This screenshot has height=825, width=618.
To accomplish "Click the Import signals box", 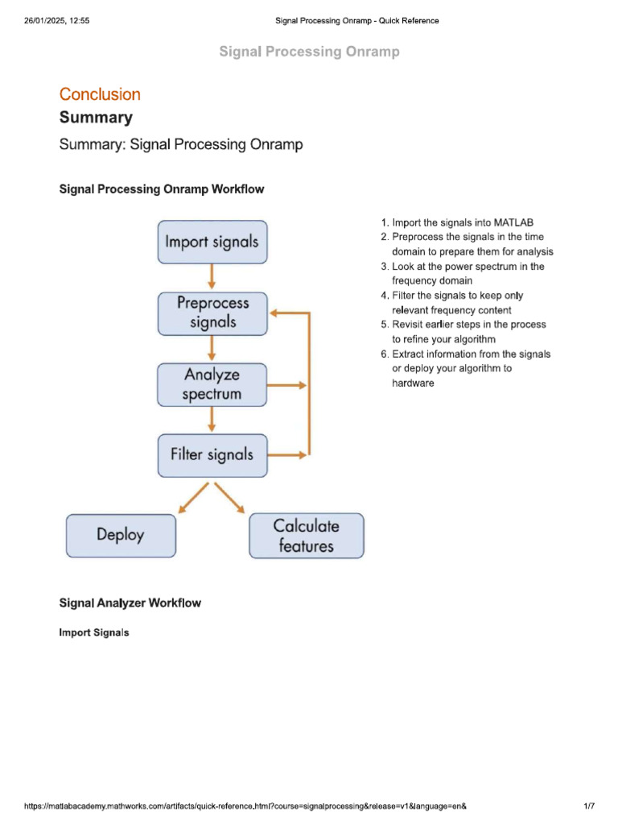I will click(x=212, y=241).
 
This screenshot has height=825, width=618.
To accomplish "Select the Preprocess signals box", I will click(x=212, y=313).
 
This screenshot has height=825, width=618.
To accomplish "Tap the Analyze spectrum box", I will click(x=212, y=384).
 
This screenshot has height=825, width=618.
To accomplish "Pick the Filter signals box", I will click(x=212, y=454).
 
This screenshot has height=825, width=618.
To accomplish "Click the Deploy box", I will click(x=121, y=535).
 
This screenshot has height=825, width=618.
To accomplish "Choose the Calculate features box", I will click(x=307, y=536).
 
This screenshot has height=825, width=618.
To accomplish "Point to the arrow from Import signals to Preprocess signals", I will click(x=212, y=277).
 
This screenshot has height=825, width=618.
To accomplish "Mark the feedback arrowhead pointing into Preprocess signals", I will click(x=277, y=313).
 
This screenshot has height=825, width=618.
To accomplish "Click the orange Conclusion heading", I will click(x=100, y=94).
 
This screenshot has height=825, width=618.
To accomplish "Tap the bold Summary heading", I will click(x=96, y=118).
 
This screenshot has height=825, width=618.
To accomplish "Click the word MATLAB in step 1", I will click(x=513, y=222).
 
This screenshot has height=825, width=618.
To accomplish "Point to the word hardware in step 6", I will click(x=413, y=383).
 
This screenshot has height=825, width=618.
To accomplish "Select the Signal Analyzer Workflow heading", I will click(x=130, y=603).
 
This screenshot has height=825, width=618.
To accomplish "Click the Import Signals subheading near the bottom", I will click(x=94, y=632).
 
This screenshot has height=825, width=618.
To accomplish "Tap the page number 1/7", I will click(x=589, y=806).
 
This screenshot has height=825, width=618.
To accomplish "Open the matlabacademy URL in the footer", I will click(x=245, y=806).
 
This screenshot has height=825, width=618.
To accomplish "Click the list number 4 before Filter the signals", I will click(x=385, y=296).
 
